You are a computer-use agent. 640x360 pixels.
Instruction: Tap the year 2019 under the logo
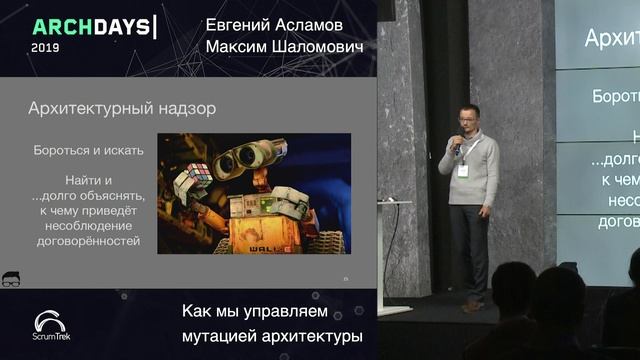pos(45,47)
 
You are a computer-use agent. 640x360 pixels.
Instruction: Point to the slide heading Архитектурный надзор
pos(122,106)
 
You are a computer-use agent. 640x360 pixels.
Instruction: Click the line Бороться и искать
pos(88,150)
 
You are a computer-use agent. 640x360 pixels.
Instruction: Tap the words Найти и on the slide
pos(87,179)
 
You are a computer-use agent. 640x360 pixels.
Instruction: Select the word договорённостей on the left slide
pos(88,240)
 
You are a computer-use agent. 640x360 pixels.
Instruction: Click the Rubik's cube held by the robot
pos(193,182)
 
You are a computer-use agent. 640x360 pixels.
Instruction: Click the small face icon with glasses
pos(13,279)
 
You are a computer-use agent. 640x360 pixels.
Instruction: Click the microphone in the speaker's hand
pos(457,145)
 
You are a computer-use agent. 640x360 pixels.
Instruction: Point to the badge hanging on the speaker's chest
pos(463,170)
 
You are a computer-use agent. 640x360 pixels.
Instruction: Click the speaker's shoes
pos(474,303)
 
